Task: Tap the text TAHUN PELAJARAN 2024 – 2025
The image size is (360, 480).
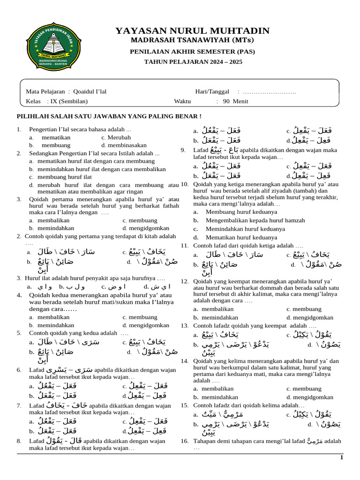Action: (x=193, y=61)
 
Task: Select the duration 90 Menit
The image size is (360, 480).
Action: (x=235, y=101)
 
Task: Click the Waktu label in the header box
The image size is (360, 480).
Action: (x=183, y=101)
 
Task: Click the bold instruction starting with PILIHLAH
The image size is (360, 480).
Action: (x=109, y=116)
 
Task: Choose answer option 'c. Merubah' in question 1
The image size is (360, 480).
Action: (x=116, y=137)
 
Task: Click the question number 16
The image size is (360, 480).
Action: (x=184, y=441)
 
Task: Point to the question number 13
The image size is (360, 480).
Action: (x=184, y=325)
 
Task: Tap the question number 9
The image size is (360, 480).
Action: (x=183, y=150)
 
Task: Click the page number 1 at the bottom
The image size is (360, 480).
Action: (x=342, y=457)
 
